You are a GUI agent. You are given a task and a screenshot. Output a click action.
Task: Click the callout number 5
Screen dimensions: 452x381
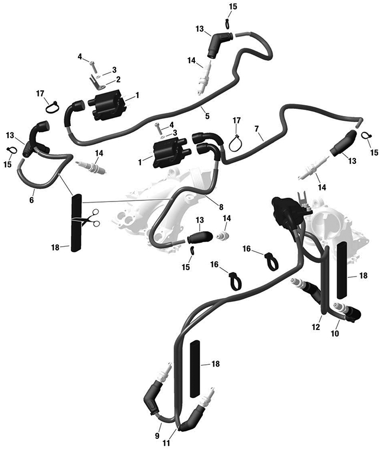coord(206,114)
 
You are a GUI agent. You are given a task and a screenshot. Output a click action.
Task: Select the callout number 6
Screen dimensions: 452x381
coord(31,200)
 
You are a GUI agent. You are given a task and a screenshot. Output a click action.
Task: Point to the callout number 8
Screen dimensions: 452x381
coord(221,207)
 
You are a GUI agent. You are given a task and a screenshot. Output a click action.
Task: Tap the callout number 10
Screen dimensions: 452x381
coord(335,332)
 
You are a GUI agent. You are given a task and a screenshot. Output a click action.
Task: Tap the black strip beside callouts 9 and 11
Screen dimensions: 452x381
coord(195,368)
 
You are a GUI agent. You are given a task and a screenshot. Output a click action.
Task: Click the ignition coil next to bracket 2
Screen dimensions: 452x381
coord(108,105)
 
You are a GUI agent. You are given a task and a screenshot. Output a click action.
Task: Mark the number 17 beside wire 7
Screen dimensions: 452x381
coord(237,119)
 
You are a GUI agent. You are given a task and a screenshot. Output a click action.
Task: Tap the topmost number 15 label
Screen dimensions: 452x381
coord(233,7)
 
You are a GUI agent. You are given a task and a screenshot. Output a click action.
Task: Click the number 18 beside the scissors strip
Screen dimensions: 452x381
coord(55,247)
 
